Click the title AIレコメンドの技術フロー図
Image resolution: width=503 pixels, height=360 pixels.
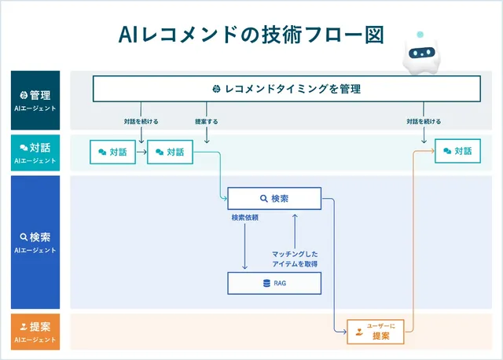pyautogui.click(x=251, y=35)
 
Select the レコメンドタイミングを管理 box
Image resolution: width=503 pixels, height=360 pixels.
pyautogui.click(x=285, y=88)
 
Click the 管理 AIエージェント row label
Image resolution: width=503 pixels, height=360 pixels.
pyautogui.click(x=35, y=99)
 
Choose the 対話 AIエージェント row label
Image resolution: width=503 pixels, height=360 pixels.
pyautogui.click(x=35, y=152)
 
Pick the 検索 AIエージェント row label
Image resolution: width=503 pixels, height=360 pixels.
pyautogui.click(x=35, y=241)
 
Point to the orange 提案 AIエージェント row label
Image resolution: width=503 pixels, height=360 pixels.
pyautogui.click(x=35, y=331)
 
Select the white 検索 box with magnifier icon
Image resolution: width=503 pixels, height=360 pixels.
pyautogui.click(x=274, y=199)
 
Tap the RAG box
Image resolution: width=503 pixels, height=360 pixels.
pyautogui.click(x=274, y=283)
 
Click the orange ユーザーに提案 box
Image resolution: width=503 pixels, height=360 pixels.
pyautogui.click(x=380, y=330)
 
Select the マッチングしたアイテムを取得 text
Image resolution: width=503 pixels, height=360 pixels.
pyautogui.click(x=296, y=259)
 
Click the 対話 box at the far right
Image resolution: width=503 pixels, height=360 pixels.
pyautogui.click(x=457, y=151)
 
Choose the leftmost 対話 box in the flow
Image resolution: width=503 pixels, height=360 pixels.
pyautogui.click(x=112, y=152)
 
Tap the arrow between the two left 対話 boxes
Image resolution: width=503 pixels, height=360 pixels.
pyautogui.click(x=141, y=152)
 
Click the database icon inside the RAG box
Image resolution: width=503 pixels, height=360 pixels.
pyautogui.click(x=266, y=283)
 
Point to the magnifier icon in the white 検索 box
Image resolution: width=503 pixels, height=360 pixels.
pyautogui.click(x=264, y=199)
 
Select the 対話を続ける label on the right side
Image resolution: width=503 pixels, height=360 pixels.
pyautogui.click(x=424, y=122)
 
